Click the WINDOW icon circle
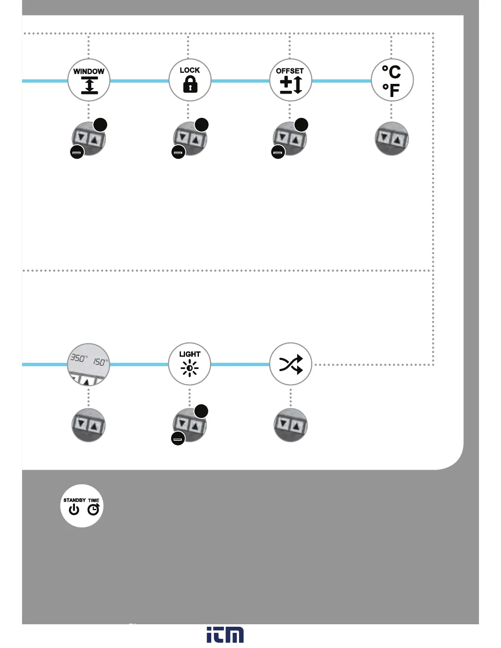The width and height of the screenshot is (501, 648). (x=89, y=80)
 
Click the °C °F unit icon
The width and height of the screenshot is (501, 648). (x=392, y=80)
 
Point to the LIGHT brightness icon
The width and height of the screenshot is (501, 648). (x=190, y=368)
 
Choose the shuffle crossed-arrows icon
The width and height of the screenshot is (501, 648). (x=291, y=364)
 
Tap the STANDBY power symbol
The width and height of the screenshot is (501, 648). (x=74, y=509)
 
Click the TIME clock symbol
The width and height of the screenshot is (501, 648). (x=94, y=509)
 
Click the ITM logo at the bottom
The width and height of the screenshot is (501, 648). (x=225, y=634)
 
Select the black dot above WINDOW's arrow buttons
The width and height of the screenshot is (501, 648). (x=101, y=125)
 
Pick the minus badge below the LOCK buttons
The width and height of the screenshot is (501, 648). (x=178, y=152)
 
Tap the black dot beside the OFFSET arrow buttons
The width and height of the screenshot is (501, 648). (x=302, y=125)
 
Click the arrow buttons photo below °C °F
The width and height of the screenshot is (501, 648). (x=392, y=139)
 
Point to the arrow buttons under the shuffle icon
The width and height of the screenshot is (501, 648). (x=291, y=425)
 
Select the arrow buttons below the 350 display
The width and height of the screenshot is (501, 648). (x=88, y=425)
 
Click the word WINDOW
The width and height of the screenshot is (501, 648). (x=89, y=71)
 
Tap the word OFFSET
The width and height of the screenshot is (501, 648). (x=290, y=71)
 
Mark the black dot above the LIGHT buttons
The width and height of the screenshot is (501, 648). (x=201, y=411)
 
